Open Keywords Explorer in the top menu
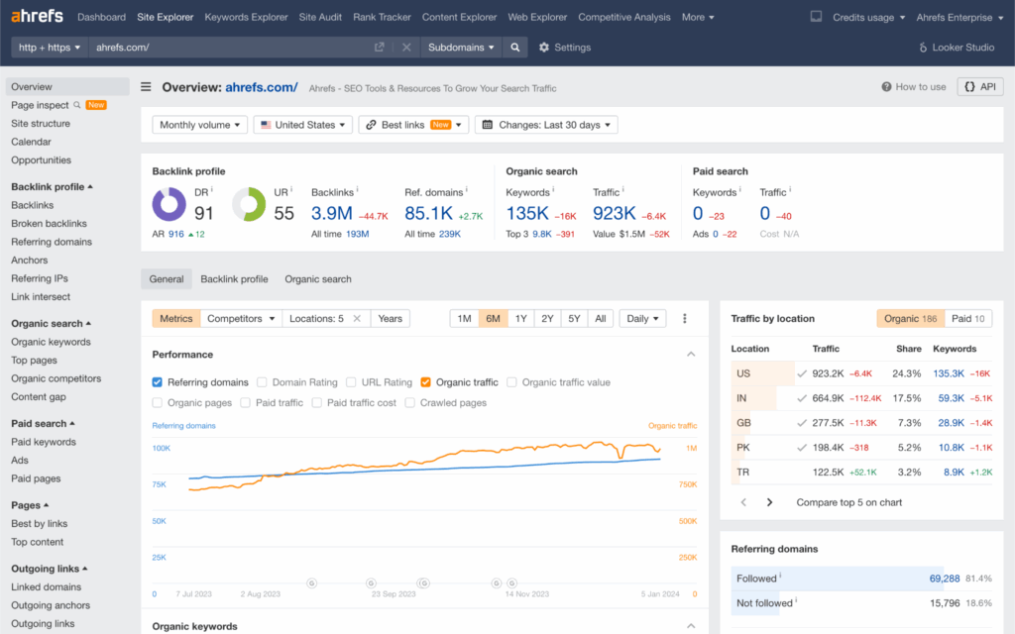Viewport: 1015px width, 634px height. (246, 17)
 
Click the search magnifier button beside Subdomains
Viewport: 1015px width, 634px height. (514, 47)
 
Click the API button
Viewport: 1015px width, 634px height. (979, 87)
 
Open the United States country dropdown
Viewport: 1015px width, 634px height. (302, 125)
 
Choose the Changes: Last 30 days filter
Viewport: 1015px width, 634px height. (546, 125)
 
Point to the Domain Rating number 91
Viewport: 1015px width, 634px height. (204, 212)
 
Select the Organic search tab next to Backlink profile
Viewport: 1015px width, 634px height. (318, 279)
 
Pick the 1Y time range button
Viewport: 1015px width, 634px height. (520, 319)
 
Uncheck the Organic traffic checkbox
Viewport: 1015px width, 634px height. (426, 382)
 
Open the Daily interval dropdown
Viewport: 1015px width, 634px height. (642, 319)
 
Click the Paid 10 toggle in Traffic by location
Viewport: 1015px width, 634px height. (967, 319)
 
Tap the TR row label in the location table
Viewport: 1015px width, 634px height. (743, 473)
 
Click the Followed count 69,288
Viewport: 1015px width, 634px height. (944, 578)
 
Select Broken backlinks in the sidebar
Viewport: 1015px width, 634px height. (49, 223)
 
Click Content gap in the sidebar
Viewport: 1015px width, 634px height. (39, 396)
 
